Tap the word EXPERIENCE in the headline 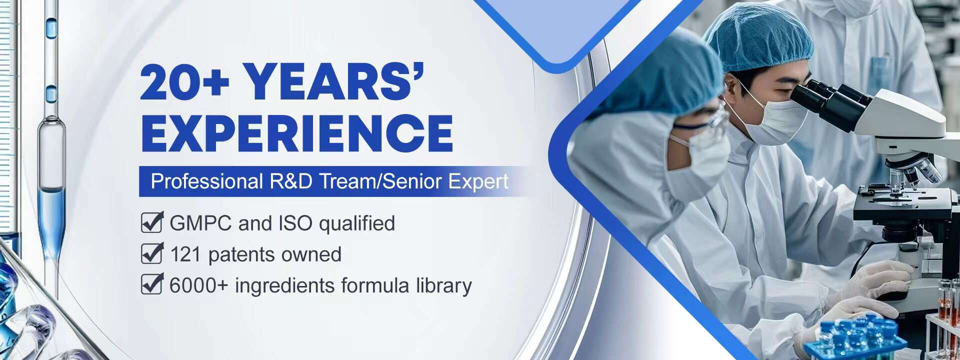(297, 133)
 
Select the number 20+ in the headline (185, 82)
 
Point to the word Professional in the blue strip (207, 181)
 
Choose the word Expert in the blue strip (478, 181)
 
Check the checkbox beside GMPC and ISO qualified (152, 222)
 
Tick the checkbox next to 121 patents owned (152, 253)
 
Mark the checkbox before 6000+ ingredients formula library (152, 284)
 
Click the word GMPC (201, 223)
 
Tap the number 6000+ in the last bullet (199, 285)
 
